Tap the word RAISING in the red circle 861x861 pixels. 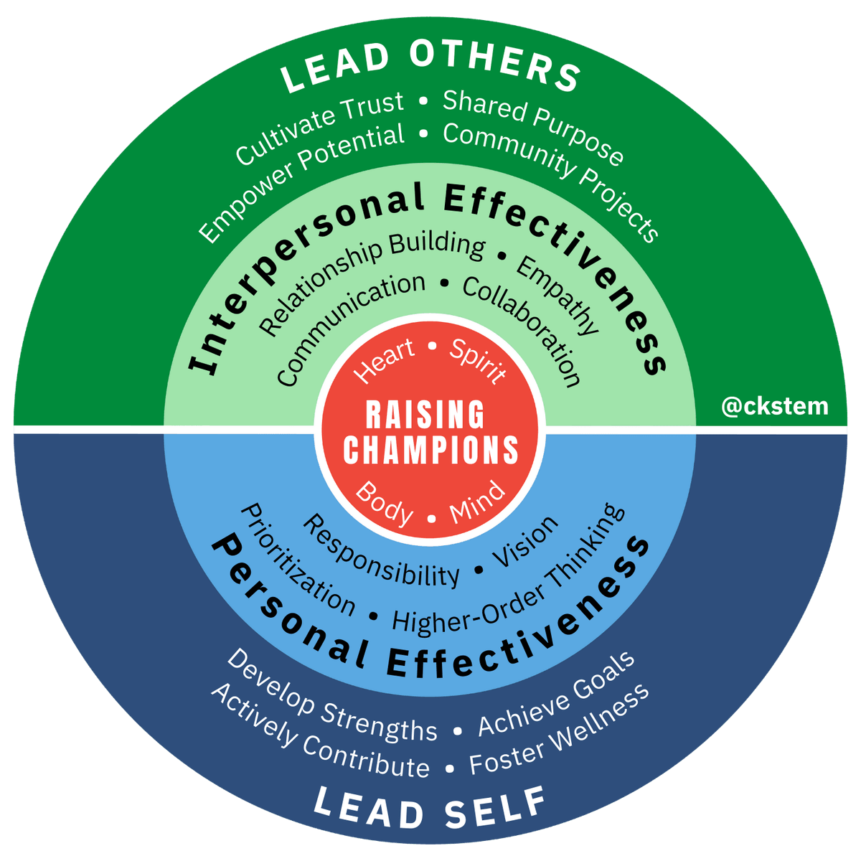coord(425,414)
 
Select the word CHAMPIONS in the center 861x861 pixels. coord(430,449)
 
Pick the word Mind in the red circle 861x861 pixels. coord(477,503)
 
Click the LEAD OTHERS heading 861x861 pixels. coord(430,66)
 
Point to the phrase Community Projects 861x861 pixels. coord(550,181)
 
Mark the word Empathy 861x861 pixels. coord(557,296)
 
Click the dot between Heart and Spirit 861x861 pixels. coord(432,346)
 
